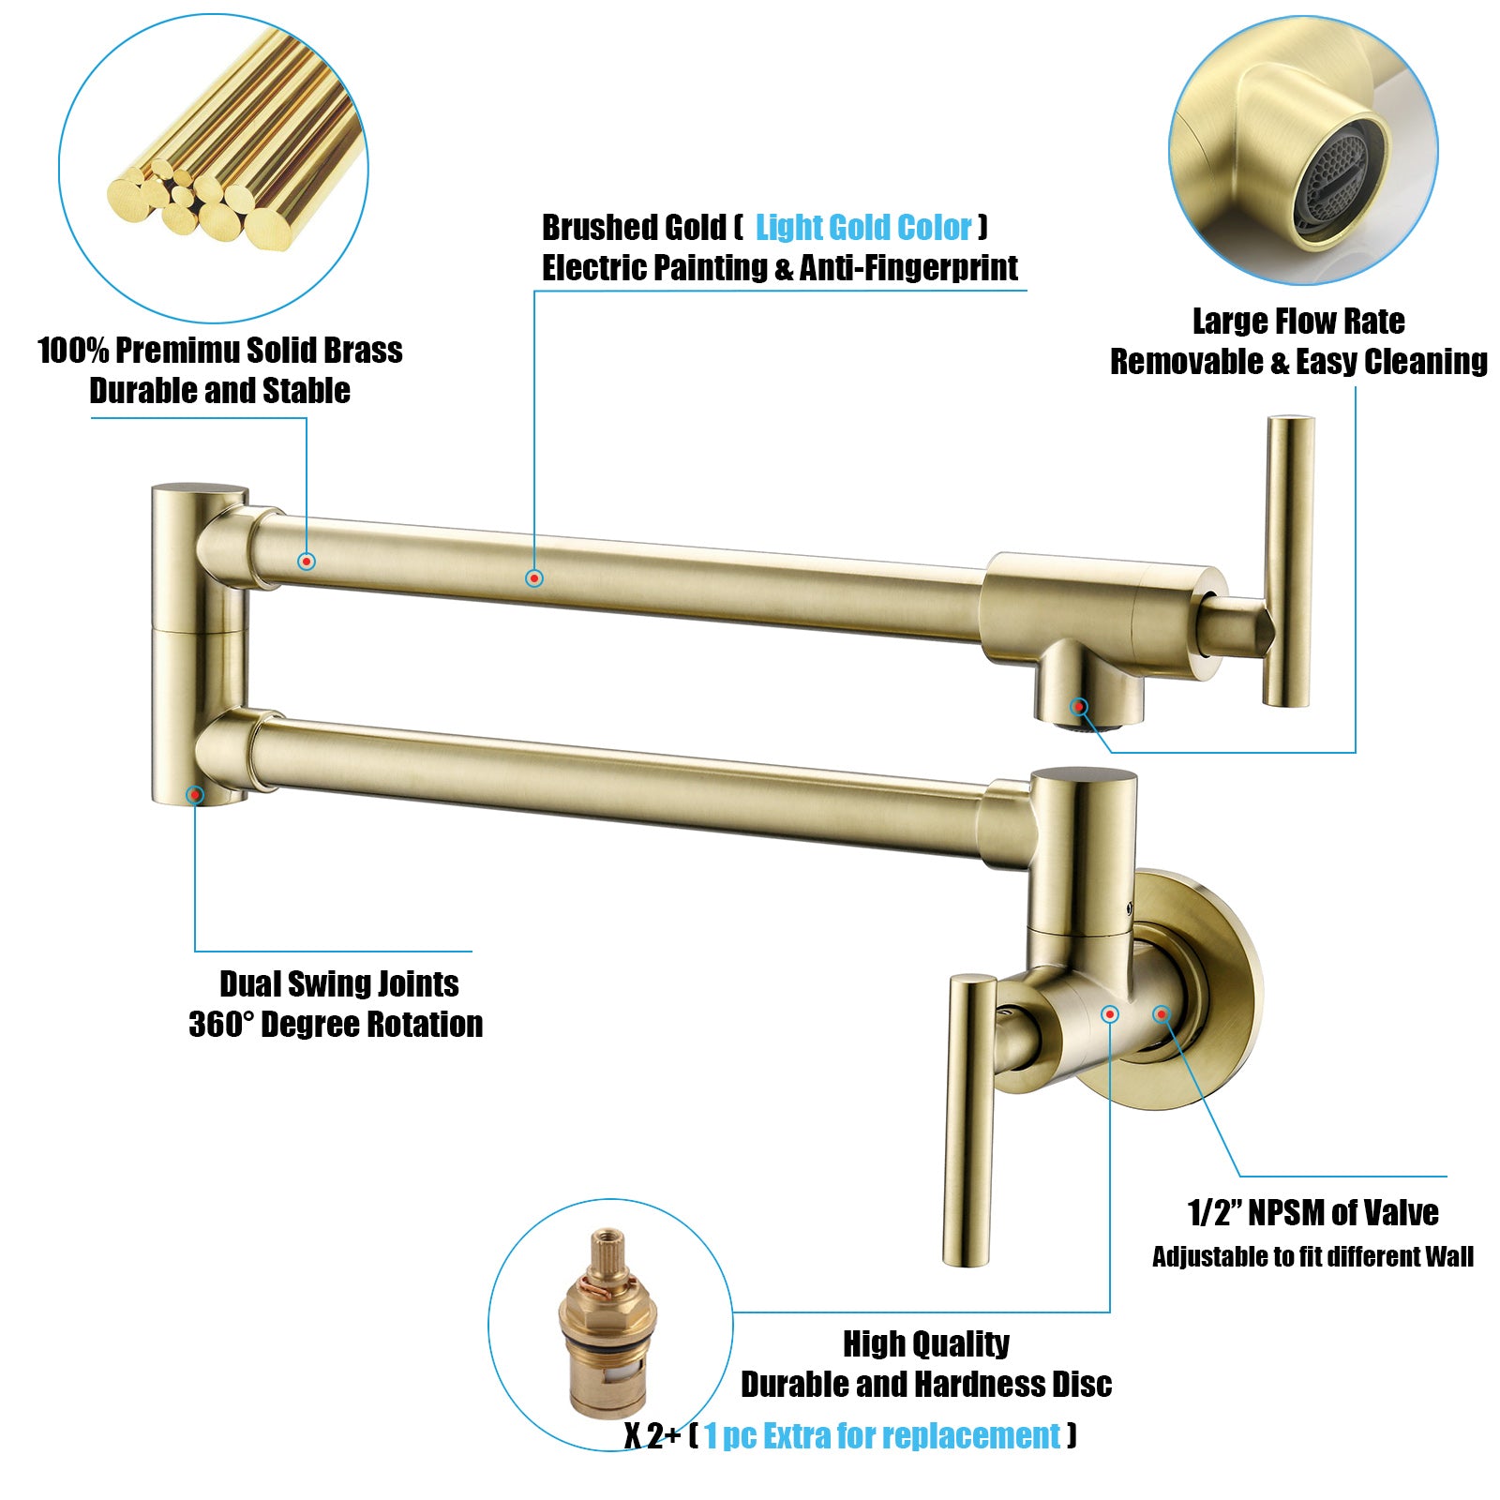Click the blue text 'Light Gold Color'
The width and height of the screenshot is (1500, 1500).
863,228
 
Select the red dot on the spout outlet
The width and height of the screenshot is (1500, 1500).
1079,707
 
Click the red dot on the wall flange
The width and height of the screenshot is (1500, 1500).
1162,1013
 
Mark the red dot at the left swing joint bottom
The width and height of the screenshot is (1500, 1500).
195,795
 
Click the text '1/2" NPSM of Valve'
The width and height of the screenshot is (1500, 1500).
1312,1213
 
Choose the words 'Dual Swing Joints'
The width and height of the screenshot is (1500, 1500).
339,984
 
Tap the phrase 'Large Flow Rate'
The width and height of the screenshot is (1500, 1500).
1298,322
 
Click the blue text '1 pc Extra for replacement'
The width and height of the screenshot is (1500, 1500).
882,1436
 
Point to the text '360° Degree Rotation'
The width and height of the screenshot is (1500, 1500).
336,1025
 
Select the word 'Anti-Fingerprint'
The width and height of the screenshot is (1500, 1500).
908,268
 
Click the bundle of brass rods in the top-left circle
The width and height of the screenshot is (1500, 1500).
234,141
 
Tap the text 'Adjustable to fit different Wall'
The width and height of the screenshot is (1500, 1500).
1312,1257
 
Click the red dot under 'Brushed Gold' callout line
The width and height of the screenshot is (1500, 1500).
534,578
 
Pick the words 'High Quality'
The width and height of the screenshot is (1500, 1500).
926,1344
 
